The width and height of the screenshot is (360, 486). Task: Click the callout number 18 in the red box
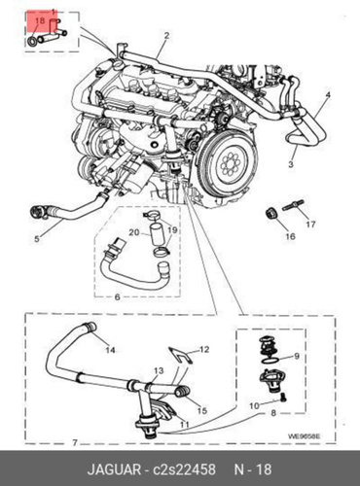click(x=40, y=21)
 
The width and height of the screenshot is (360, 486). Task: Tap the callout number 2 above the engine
click(x=166, y=35)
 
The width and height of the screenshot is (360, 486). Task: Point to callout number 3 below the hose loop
click(x=291, y=164)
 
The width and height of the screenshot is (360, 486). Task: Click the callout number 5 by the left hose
click(x=37, y=239)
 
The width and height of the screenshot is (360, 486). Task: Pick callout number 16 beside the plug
click(x=290, y=236)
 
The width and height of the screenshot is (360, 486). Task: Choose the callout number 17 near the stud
click(x=310, y=224)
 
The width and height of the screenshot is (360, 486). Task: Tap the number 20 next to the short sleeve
click(x=134, y=232)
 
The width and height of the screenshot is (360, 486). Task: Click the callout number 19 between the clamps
click(x=172, y=230)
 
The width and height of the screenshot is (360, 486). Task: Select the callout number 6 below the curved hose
click(x=118, y=296)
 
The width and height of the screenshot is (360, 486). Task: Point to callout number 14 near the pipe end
click(x=110, y=350)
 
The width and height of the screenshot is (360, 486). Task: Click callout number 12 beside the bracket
click(x=204, y=350)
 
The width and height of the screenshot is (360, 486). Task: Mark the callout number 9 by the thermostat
click(x=297, y=356)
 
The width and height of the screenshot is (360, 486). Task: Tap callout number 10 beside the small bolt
click(x=254, y=405)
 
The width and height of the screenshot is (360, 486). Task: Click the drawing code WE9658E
click(x=304, y=436)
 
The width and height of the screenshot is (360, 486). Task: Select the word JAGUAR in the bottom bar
click(x=114, y=469)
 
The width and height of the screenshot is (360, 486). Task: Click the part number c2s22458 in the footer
click(x=184, y=469)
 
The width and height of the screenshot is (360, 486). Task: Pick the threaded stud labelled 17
click(x=293, y=206)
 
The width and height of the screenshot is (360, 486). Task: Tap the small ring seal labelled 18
click(x=32, y=42)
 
